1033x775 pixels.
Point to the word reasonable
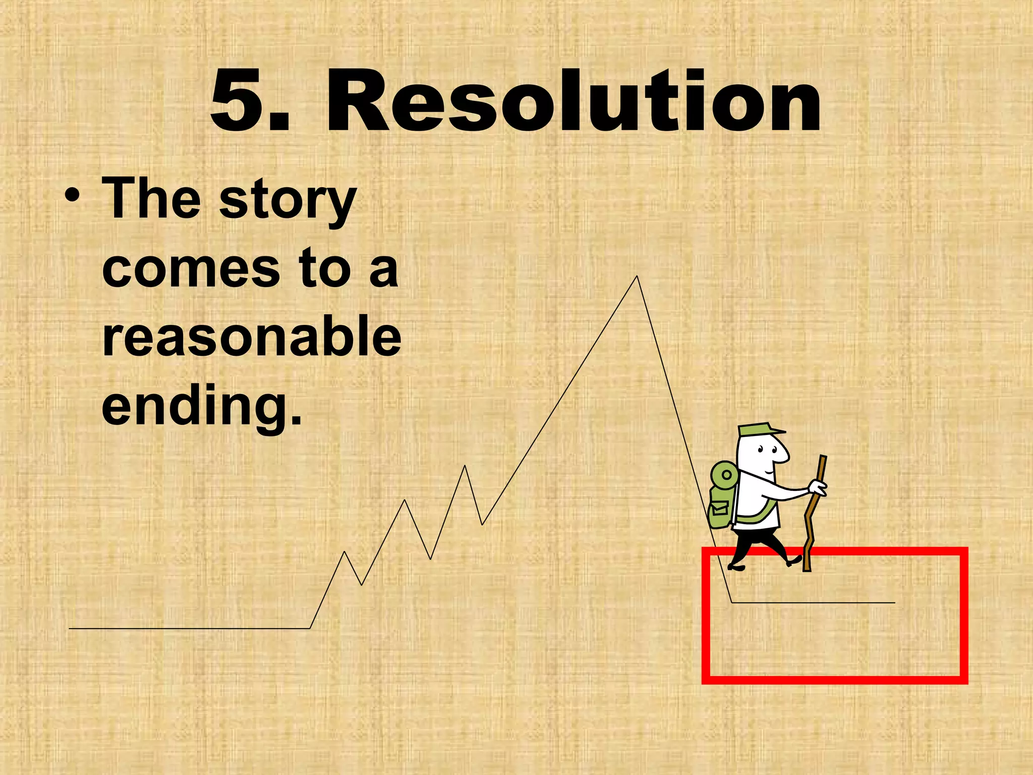[251, 337]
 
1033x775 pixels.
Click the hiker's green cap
[757, 430]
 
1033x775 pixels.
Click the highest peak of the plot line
[637, 277]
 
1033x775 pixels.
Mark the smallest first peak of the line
[345, 552]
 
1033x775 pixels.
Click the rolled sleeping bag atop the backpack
[724, 474]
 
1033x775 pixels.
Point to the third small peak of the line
[465, 467]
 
